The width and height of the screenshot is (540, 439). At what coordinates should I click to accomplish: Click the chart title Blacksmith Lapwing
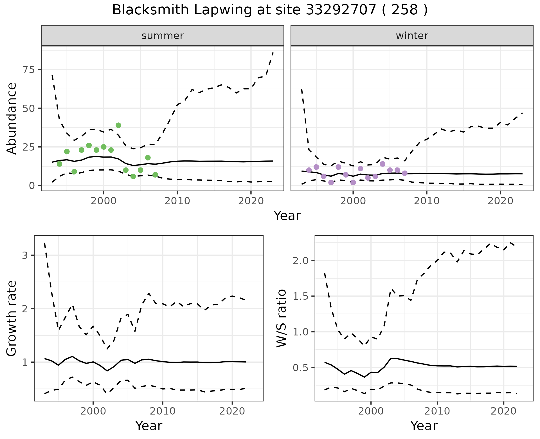click(269, 10)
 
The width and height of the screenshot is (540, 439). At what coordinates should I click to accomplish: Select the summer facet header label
click(163, 36)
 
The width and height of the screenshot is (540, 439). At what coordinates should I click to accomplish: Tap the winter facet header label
click(412, 36)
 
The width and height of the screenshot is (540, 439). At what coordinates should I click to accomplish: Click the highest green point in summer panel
click(118, 125)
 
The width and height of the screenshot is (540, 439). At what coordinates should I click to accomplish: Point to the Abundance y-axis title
click(12, 118)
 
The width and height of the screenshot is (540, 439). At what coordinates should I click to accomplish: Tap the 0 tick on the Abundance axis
click(31, 186)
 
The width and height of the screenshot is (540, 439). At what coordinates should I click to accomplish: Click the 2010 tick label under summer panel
click(177, 201)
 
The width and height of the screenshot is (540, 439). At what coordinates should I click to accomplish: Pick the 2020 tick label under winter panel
click(500, 201)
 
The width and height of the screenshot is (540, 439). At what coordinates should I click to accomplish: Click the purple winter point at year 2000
click(353, 182)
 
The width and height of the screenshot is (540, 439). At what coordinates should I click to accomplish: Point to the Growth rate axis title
click(12, 318)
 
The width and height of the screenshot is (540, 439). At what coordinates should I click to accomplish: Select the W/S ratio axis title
click(281, 318)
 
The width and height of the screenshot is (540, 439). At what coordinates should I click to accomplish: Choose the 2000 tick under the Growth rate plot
click(93, 411)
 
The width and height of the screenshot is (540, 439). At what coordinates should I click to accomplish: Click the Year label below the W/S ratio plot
click(424, 426)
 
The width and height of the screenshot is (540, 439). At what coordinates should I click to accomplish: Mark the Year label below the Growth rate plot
click(149, 426)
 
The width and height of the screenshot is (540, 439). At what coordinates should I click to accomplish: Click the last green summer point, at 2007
click(155, 175)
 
